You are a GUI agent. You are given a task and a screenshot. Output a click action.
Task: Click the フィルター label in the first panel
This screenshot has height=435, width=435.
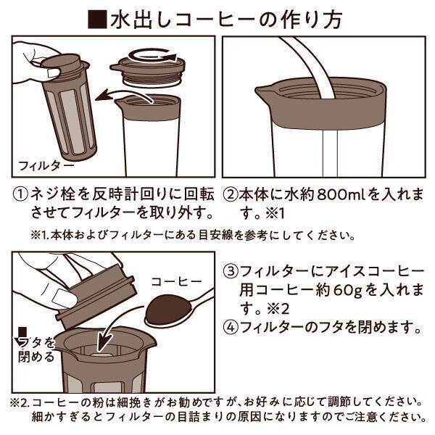coord(44,165)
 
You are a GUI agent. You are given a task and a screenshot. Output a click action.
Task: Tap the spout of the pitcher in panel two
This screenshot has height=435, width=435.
coord(262,93)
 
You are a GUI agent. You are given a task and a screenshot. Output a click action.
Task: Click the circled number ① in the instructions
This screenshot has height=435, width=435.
coord(22,196)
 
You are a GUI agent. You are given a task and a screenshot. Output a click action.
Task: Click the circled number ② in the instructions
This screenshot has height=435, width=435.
coord(231,196)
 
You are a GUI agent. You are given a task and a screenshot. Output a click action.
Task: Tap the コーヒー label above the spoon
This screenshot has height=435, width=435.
coord(172,281)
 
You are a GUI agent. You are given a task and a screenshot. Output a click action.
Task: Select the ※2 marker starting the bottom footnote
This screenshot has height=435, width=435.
coord(18,400)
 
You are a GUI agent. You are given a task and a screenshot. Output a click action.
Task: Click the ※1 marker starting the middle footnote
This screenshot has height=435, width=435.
coord(41,236)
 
